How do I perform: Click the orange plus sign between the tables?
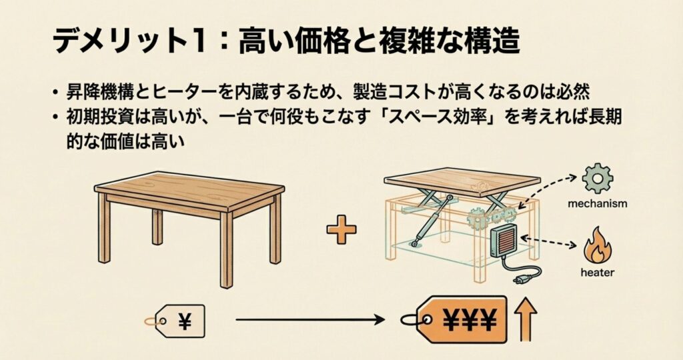(341, 229)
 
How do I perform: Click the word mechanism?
(597, 203)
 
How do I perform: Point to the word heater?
(597, 273)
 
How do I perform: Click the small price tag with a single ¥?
(175, 321)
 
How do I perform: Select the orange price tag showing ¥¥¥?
(455, 320)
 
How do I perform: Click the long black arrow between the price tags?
(310, 321)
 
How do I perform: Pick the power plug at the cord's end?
(519, 279)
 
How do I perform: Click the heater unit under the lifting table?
(505, 243)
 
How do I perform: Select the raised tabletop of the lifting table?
(462, 180)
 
